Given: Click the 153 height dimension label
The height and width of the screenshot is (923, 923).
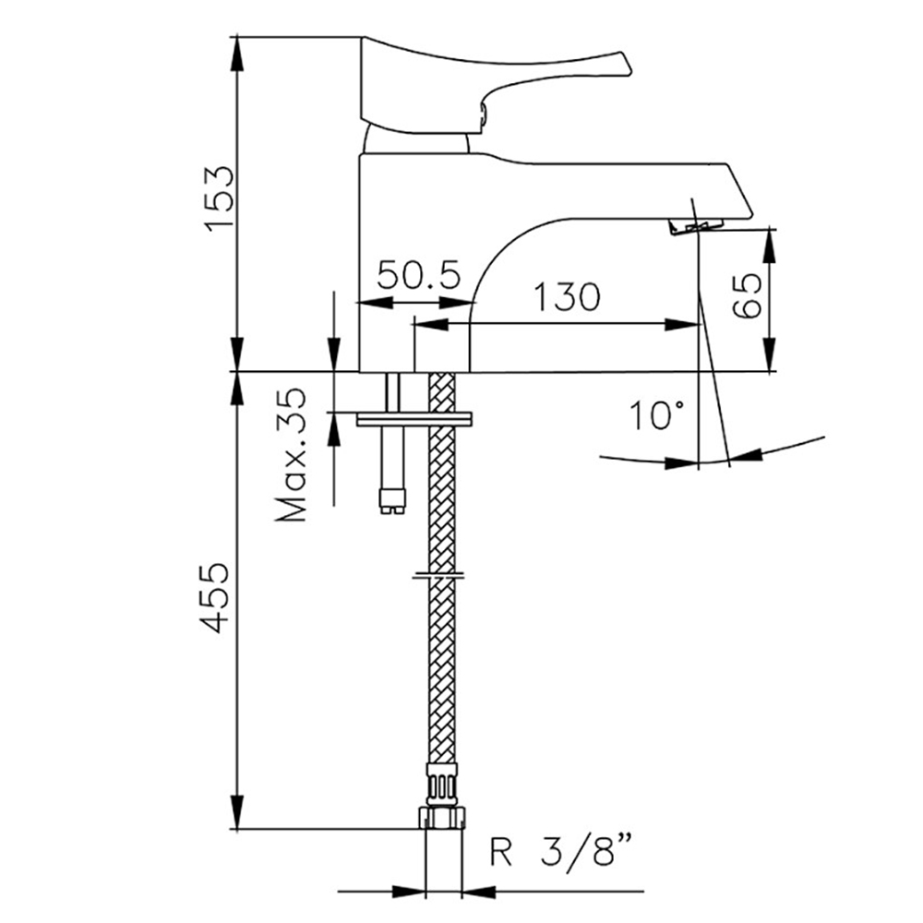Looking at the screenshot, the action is click(219, 198).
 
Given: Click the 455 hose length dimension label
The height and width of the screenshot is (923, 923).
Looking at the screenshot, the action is click(214, 598).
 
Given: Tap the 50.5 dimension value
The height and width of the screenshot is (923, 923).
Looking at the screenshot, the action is click(418, 274).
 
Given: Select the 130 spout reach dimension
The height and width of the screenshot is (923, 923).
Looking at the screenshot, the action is click(567, 296).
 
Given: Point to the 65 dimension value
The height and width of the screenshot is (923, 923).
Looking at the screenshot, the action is click(747, 296).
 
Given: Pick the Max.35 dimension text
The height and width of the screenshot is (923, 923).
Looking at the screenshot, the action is click(292, 454).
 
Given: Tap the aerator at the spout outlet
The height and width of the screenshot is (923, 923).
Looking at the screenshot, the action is click(696, 225).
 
